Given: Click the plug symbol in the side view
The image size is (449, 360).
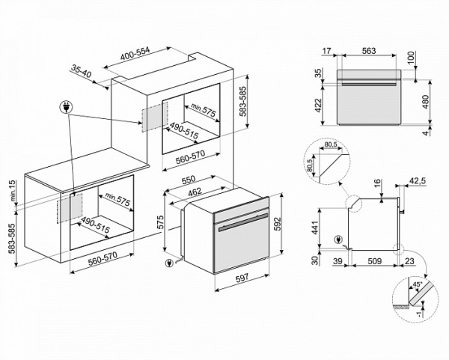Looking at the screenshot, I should coord(343,240).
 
